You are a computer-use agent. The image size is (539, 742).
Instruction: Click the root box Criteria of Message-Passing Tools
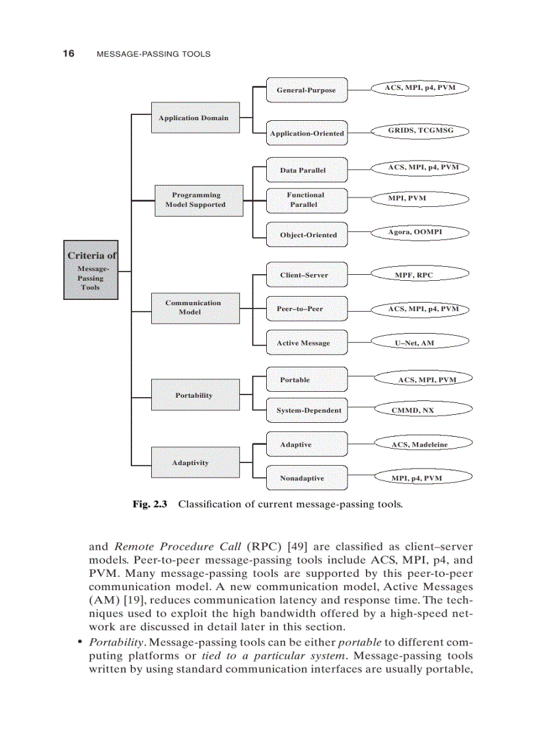(x=90, y=270)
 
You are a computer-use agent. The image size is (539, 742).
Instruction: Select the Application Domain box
(x=194, y=118)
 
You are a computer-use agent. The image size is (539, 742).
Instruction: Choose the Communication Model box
(x=194, y=307)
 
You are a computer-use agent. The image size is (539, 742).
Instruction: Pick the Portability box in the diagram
(x=194, y=395)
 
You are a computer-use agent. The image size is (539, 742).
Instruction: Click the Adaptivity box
(x=191, y=463)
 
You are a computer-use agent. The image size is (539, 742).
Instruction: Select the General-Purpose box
(x=306, y=90)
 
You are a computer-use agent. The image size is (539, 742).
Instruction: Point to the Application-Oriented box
(x=306, y=133)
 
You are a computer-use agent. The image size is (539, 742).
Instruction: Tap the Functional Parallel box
(x=306, y=200)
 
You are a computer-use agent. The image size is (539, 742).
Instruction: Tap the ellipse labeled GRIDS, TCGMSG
(x=421, y=131)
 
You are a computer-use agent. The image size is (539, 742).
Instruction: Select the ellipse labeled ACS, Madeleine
(x=420, y=445)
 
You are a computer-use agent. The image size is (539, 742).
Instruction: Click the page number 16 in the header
(x=68, y=54)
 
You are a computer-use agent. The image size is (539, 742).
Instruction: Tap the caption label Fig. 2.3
(x=150, y=504)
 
